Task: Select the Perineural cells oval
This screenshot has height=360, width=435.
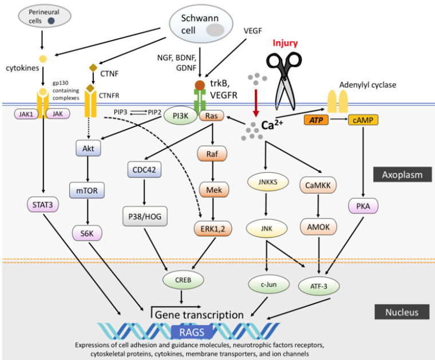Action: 42,15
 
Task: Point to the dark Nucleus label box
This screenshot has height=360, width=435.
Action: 402,312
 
